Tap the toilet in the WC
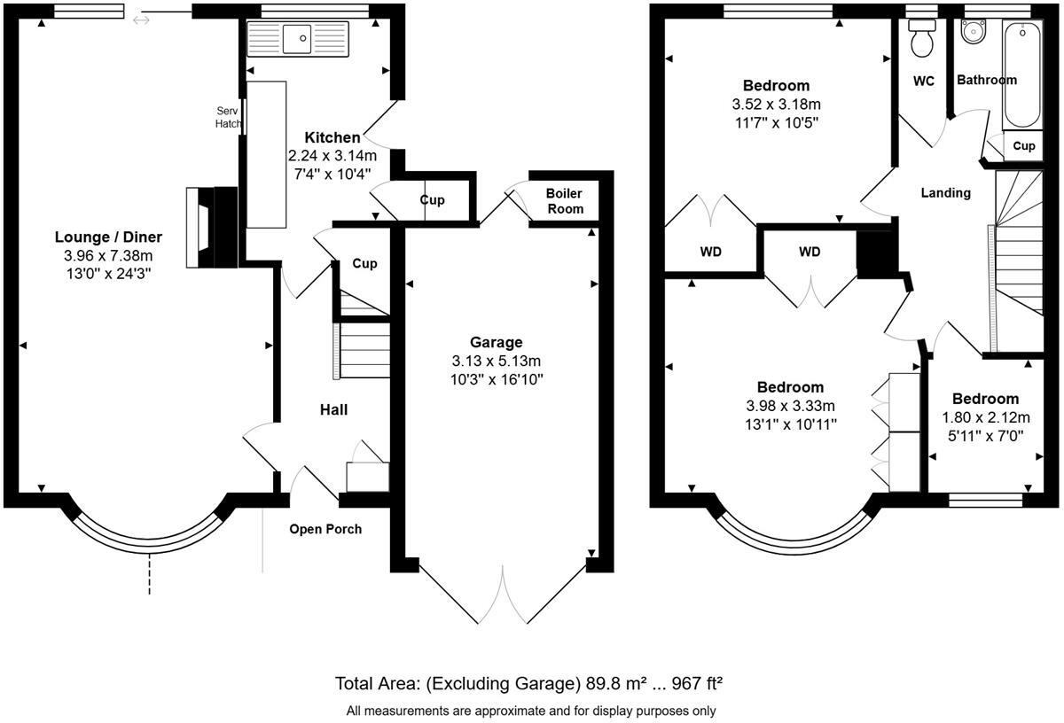coord(921,37)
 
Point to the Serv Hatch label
coord(229,117)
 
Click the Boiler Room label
coord(565,201)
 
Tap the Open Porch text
coord(325,529)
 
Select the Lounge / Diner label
coord(108,237)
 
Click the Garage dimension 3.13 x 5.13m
coord(497,361)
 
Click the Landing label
coord(945,192)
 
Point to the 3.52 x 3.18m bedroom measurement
coord(776,105)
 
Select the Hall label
coord(333,409)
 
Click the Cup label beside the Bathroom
coord(1023,145)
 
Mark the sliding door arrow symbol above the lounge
coord(141,19)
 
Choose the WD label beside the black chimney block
coord(810,252)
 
